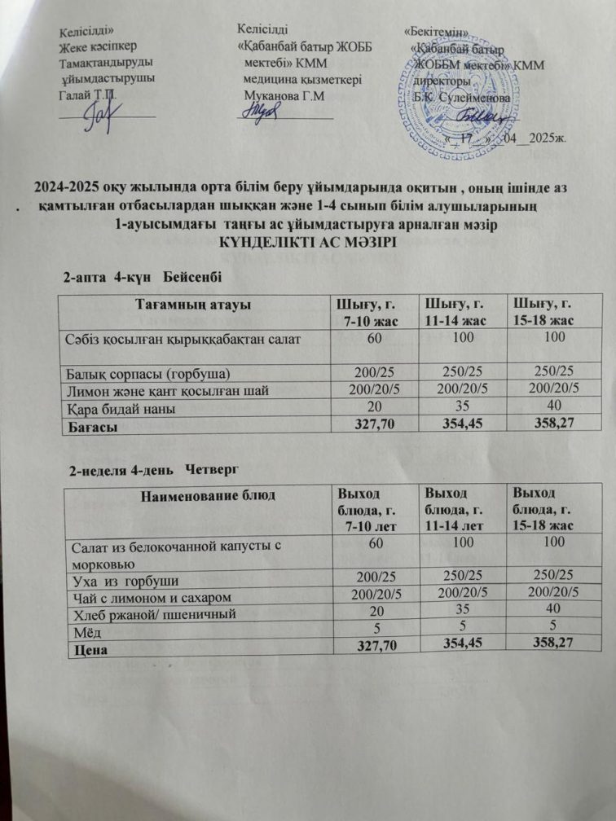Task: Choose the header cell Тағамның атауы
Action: pyautogui.click(x=192, y=305)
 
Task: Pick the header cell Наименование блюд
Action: pyautogui.click(x=196, y=494)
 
